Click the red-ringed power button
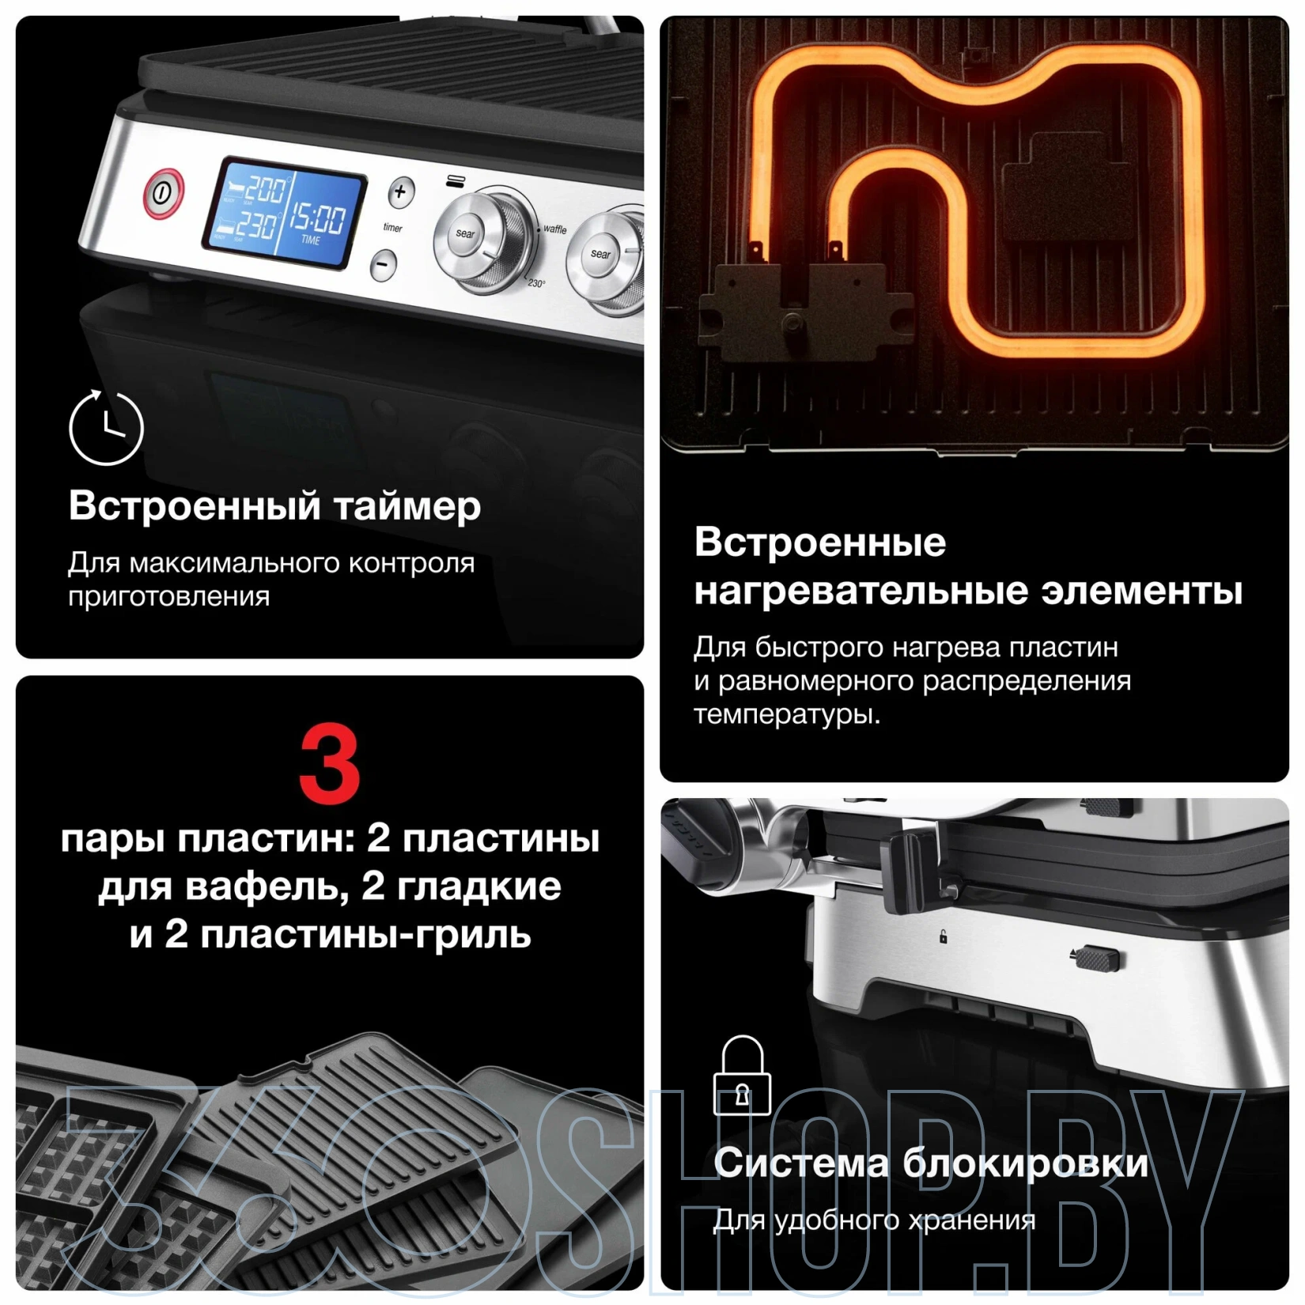[164, 192]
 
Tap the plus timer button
[401, 191]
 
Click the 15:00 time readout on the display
[317, 216]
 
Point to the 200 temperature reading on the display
[263, 188]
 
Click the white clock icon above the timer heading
[106, 427]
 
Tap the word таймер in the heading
[407, 507]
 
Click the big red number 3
[329, 766]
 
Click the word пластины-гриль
[366, 936]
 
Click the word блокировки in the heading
[1025, 1163]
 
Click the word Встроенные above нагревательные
[820, 543]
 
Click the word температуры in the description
[787, 715]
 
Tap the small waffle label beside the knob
[554, 229]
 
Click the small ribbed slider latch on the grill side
[1098, 958]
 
